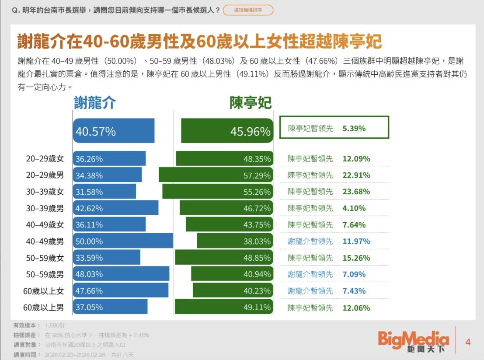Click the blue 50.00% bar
[123, 241]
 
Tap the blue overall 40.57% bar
[114, 131]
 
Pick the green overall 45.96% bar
[227, 131]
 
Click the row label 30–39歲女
[45, 192]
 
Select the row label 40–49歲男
[45, 241]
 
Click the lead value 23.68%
[356, 192]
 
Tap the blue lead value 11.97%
[356, 241]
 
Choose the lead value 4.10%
[354, 208]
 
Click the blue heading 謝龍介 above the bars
[95, 103]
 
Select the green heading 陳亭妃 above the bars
[251, 103]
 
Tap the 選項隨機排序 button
[248, 10]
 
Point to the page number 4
[468, 342]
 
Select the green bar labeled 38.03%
[235, 241]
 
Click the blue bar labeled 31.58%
[104, 192]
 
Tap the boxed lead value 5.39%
[354, 129]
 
